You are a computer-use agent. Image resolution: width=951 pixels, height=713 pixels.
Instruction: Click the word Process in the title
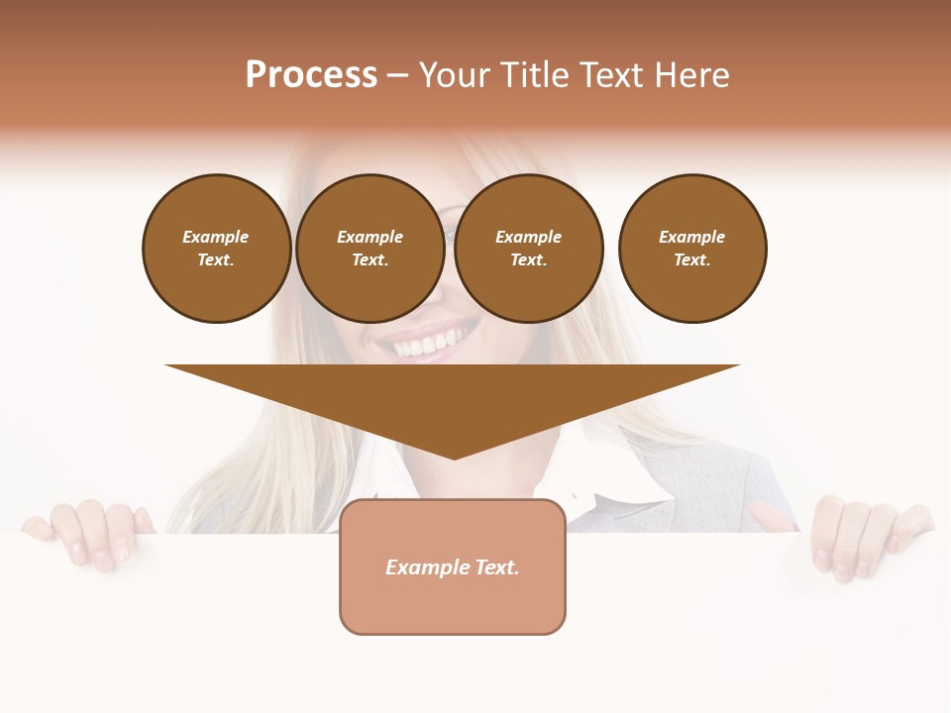pos(311,74)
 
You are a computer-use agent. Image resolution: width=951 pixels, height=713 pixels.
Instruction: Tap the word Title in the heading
pos(532,74)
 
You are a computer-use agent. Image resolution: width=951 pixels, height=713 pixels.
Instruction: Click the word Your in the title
pos(456,74)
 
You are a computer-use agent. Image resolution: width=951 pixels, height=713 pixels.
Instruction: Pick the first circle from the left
pos(216,248)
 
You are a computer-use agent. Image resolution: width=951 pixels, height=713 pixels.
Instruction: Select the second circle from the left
pos(370,248)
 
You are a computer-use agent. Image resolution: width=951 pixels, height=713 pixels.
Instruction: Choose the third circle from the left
pos(528,248)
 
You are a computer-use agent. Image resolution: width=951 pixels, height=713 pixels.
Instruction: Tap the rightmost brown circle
pos(691,248)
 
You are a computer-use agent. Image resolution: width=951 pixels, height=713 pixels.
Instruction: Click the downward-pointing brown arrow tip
pos(454,451)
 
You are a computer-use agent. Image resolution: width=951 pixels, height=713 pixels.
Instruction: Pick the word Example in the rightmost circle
pos(691,237)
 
